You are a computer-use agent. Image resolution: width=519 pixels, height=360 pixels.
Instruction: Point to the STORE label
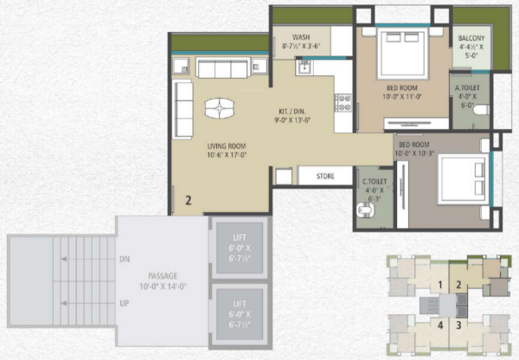pyautogui.click(x=324, y=177)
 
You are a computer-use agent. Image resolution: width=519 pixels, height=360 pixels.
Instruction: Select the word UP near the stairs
pyautogui.click(x=124, y=305)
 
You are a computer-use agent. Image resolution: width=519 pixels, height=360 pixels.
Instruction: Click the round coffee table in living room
pyautogui.click(x=219, y=107)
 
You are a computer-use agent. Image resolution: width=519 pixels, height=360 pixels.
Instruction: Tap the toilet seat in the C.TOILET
pyautogui.click(x=362, y=210)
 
